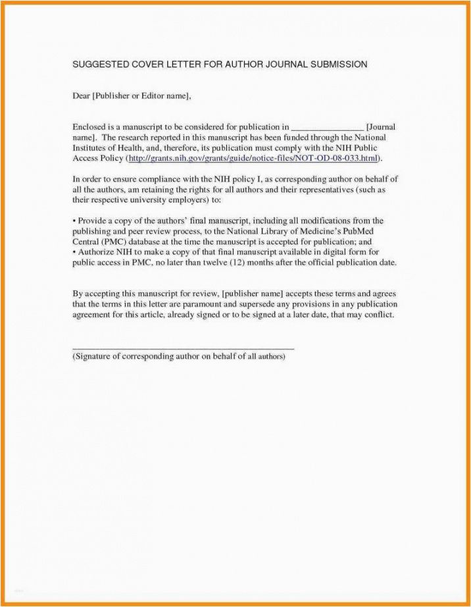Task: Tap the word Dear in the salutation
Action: (x=81, y=96)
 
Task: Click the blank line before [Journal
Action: (x=327, y=127)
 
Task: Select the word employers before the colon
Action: (x=186, y=200)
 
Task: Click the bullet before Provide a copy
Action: (x=74, y=221)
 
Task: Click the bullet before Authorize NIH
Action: (x=74, y=252)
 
